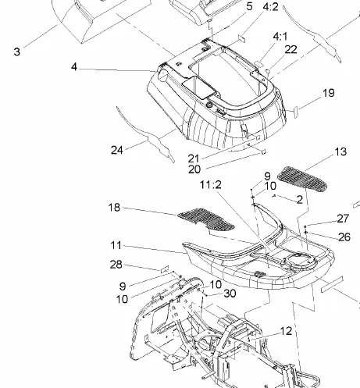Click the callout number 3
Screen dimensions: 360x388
(x=16, y=52)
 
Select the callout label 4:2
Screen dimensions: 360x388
(x=271, y=7)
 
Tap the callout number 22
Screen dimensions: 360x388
(x=291, y=49)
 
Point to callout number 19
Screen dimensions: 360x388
(x=329, y=93)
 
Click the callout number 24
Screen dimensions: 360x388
(x=116, y=150)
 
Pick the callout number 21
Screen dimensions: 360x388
(x=194, y=158)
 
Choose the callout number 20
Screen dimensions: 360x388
(x=194, y=169)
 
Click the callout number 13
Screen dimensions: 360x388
(x=340, y=151)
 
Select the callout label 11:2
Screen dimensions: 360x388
(x=211, y=185)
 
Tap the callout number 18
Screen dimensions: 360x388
(x=114, y=208)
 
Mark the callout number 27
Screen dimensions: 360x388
(x=343, y=219)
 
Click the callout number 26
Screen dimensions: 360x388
(x=344, y=237)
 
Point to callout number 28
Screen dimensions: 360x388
(x=116, y=265)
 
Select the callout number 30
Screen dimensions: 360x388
(x=230, y=294)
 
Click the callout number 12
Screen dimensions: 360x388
(x=286, y=331)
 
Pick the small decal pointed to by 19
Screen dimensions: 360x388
(x=296, y=110)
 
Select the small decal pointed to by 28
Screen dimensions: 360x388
(x=165, y=269)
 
